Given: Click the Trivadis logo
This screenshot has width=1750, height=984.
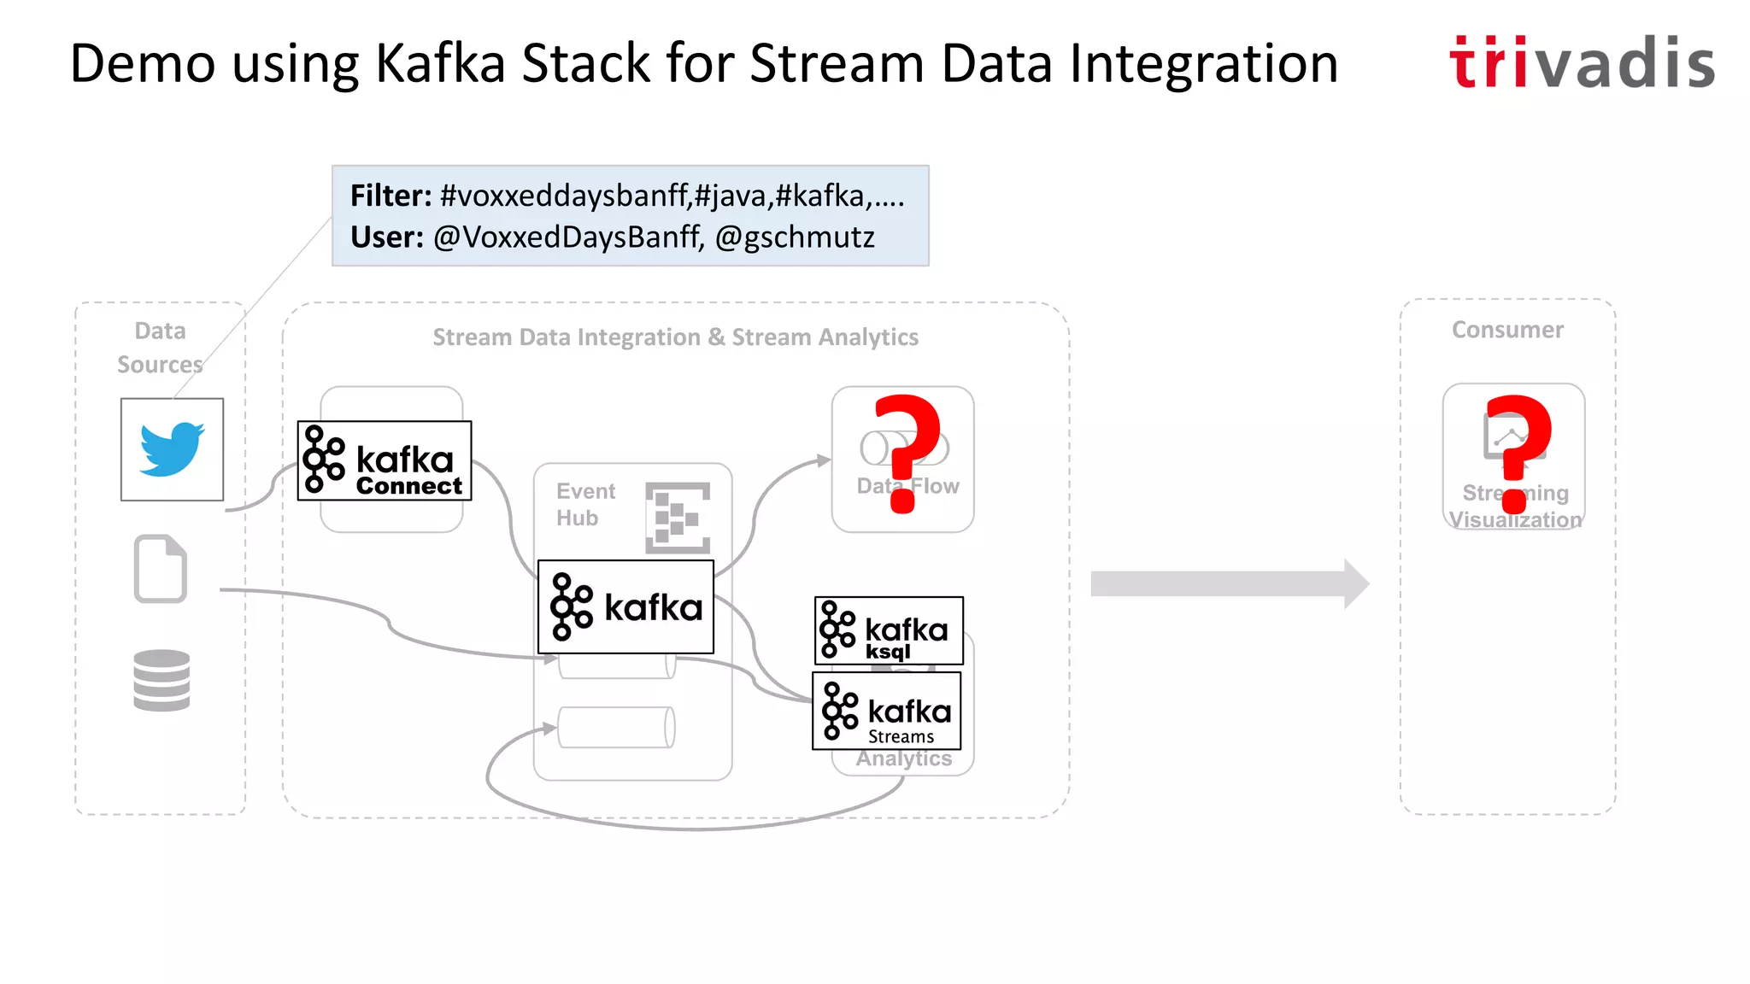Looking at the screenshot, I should pyautogui.click(x=1582, y=63).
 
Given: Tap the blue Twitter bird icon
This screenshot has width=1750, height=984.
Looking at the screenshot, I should pyautogui.click(x=172, y=448).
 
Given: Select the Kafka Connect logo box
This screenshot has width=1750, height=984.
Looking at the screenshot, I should pyautogui.click(x=385, y=460).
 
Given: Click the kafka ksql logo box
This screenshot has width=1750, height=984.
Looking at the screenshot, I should pyautogui.click(x=889, y=630).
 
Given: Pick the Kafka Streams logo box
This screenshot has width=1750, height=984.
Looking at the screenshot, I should pyautogui.click(x=887, y=711).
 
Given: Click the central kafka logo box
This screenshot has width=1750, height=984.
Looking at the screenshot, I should pyautogui.click(x=625, y=607).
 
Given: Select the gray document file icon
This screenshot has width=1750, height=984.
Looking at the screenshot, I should pyautogui.click(x=161, y=569).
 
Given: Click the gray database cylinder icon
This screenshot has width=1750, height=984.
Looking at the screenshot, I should pyautogui.click(x=161, y=681).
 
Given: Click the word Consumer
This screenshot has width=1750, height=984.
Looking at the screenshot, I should pyautogui.click(x=1507, y=330).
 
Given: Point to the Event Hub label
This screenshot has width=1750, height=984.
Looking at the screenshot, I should pyautogui.click(x=584, y=504).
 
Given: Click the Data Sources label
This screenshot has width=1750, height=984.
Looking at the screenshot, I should pyautogui.click(x=160, y=347).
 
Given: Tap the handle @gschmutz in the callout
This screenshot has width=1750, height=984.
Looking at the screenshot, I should pyautogui.click(x=794, y=237).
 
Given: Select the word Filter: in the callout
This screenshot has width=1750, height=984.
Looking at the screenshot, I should pyautogui.click(x=391, y=196).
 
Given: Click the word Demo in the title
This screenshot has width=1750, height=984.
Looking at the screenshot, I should pyautogui.click(x=142, y=63).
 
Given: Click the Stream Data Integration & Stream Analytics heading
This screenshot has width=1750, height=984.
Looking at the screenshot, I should pyautogui.click(x=675, y=337).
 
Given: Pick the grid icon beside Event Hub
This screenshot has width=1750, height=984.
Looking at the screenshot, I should pyautogui.click(x=678, y=517).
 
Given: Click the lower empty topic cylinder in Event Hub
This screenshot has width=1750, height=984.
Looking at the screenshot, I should pyautogui.click(x=616, y=728).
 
